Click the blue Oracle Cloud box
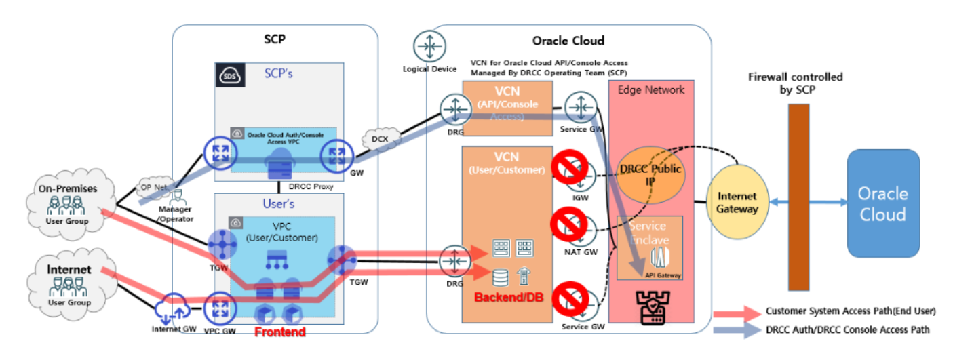click(x=882, y=203)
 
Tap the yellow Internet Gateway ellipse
click(x=738, y=203)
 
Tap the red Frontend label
click(x=279, y=332)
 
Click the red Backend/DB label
click(x=502, y=298)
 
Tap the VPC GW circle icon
click(x=219, y=309)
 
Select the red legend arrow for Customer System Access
click(x=736, y=312)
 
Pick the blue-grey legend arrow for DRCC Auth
click(x=736, y=330)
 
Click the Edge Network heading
click(x=652, y=89)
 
